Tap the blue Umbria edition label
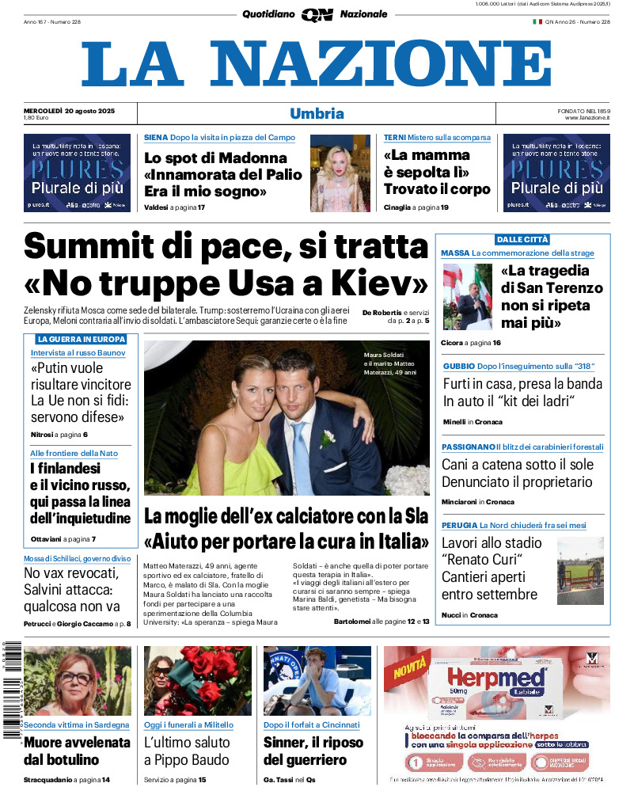coord(317,113)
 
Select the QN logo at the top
coord(317,14)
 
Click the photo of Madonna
coord(340,173)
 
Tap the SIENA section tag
coord(156,138)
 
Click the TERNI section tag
coord(395,138)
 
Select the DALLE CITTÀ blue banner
coord(522,239)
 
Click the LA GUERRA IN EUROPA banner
coord(82,339)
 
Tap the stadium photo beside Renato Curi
coord(580,570)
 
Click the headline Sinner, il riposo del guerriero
coord(313,751)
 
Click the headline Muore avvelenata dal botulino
coord(77,751)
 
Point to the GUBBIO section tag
coord(459,366)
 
